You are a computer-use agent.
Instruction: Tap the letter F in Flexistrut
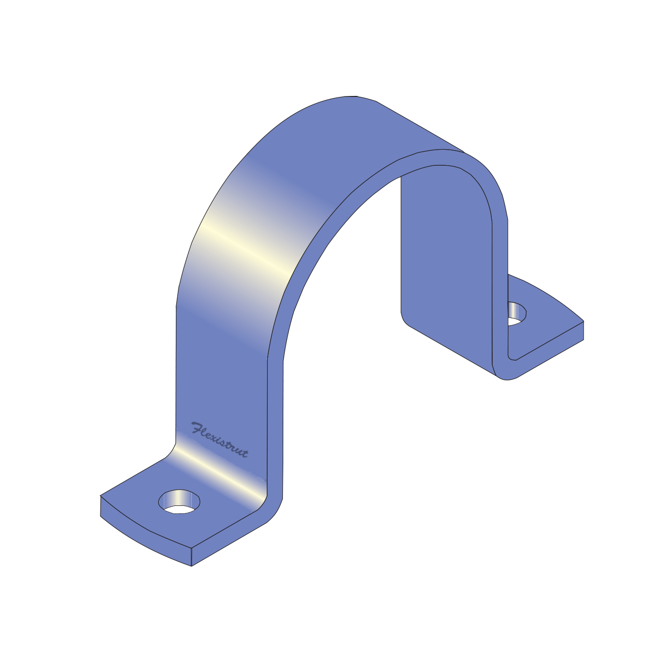(196, 428)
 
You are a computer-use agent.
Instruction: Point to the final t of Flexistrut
(244, 453)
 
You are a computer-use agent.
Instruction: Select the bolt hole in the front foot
(179, 501)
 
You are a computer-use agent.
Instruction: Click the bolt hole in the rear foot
(516, 312)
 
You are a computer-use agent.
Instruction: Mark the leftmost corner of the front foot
(101, 497)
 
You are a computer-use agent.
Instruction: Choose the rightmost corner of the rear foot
(583, 322)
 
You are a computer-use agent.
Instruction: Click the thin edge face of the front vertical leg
(275, 427)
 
